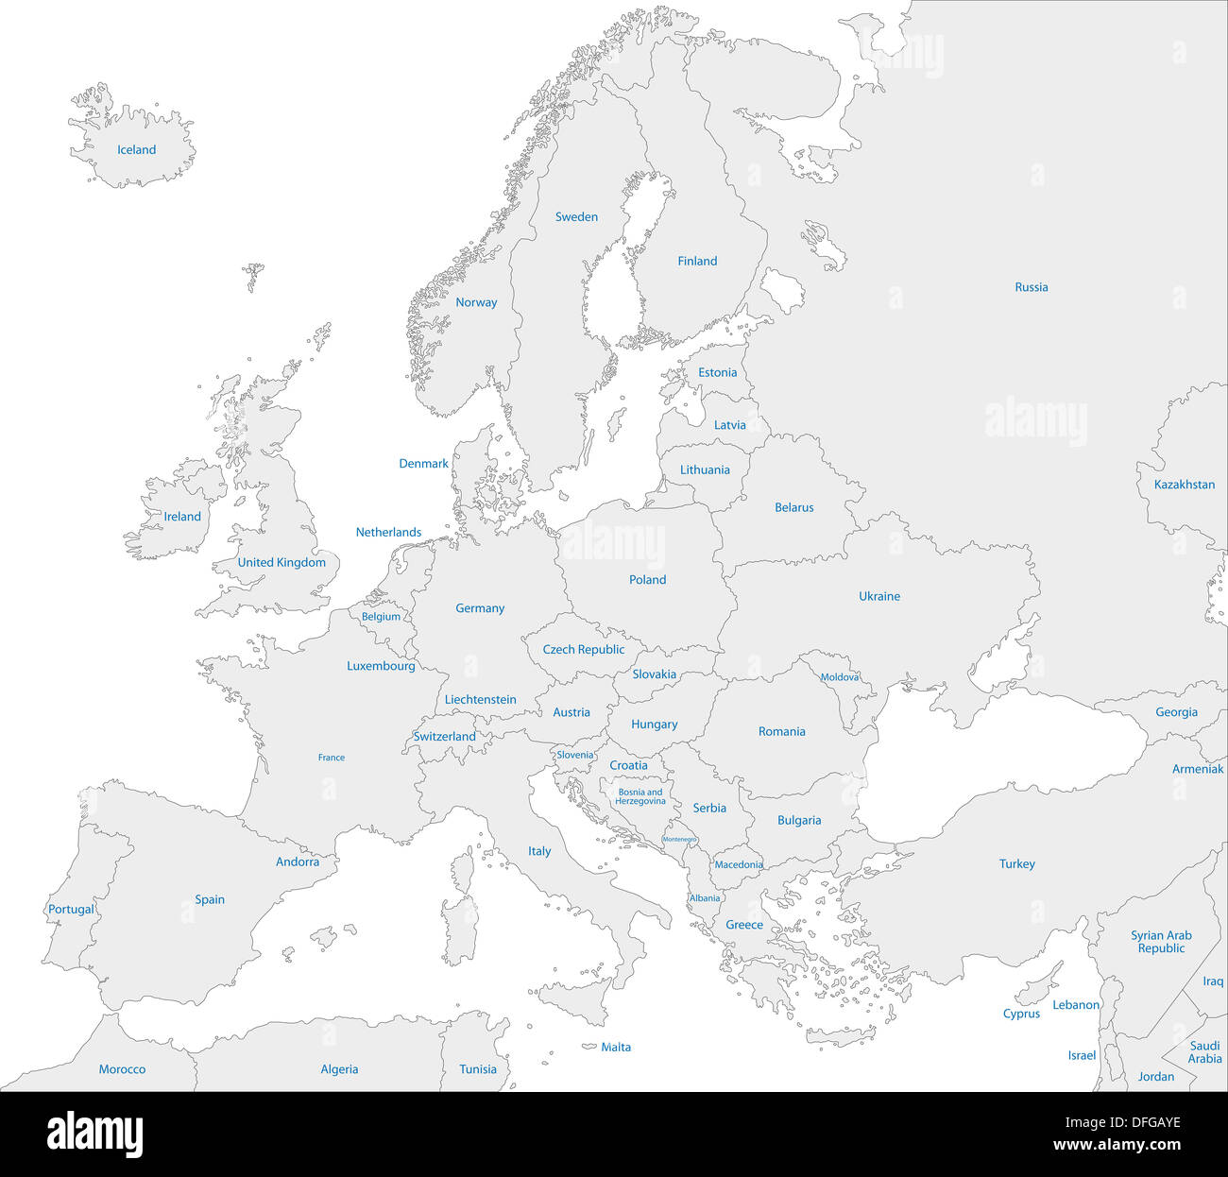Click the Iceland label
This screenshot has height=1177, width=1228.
click(136, 150)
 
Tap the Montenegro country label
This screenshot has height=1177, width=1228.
click(679, 840)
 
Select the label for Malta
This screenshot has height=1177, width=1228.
click(616, 1048)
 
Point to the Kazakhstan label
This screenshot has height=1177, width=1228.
click(1184, 485)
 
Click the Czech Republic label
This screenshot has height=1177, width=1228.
click(583, 650)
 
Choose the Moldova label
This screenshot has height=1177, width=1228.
click(839, 677)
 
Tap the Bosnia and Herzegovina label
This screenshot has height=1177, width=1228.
click(640, 797)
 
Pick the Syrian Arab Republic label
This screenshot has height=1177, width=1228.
click(1161, 942)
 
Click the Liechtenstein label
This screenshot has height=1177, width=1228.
click(480, 700)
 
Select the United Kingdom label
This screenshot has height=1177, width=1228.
click(281, 563)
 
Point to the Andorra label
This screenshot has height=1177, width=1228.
click(297, 862)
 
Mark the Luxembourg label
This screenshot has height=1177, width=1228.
click(381, 666)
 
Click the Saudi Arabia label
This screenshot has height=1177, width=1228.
click(1204, 1052)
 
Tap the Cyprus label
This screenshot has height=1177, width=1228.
click(1021, 1015)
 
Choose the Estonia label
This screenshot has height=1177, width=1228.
click(717, 373)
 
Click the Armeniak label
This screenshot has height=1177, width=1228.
click(1197, 770)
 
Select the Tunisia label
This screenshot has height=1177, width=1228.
click(477, 1070)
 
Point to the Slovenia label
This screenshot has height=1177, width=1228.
click(574, 756)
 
